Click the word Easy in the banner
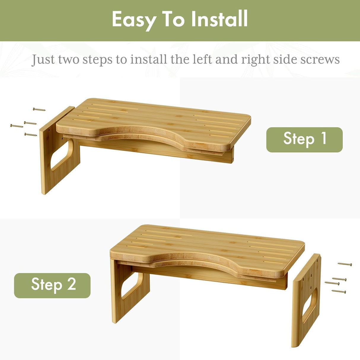pyautogui.click(x=133, y=20)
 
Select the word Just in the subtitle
pyautogui.click(x=43, y=60)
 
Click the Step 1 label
pyautogui.click(x=304, y=139)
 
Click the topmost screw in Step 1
pyautogui.click(x=39, y=109)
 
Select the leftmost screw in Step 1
pyautogui.click(x=17, y=126)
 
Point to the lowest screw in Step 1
pyautogui.click(x=31, y=135)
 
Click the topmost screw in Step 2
pyautogui.click(x=345, y=264)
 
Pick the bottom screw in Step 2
pyautogui.click(x=339, y=292)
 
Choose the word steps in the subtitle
pyautogui.click(x=98, y=60)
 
